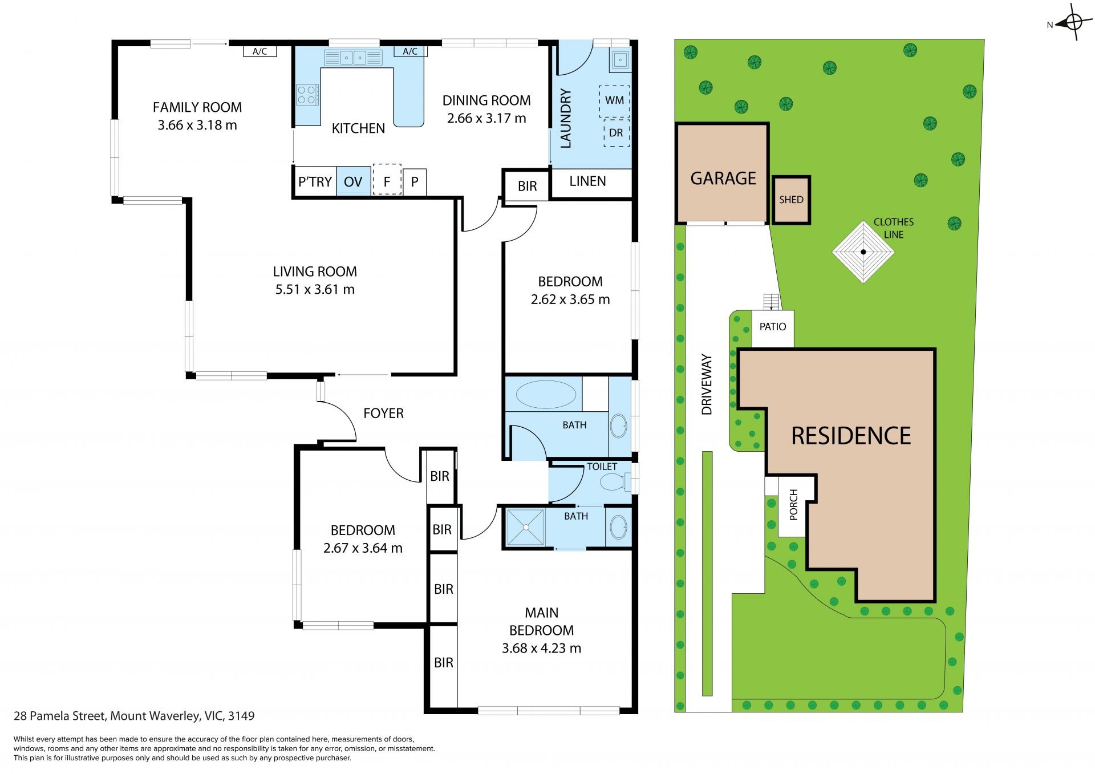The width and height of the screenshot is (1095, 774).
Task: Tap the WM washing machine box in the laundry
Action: click(x=614, y=101)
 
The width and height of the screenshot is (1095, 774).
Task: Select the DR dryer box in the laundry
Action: click(x=616, y=133)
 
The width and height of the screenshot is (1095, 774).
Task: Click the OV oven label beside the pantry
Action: click(x=353, y=182)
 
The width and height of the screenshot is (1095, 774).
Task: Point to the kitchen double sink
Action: click(x=353, y=58)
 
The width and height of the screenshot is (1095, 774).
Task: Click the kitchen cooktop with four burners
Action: click(x=307, y=95)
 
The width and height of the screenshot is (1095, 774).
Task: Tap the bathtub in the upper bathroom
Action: click(x=546, y=394)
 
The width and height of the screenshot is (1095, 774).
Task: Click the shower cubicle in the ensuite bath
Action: click(x=525, y=528)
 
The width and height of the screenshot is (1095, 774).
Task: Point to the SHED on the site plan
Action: click(x=792, y=200)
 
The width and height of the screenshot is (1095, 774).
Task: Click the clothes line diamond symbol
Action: click(x=863, y=252)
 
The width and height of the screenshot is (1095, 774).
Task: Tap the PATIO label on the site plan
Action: click(x=773, y=327)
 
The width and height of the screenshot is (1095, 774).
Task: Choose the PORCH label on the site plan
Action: click(x=793, y=505)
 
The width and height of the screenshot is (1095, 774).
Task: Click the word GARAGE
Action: click(x=723, y=179)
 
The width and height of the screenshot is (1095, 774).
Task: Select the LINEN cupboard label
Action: click(x=587, y=181)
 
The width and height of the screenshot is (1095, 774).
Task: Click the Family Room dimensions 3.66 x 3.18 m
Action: click(x=197, y=125)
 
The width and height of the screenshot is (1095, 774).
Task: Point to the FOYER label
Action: click(x=383, y=414)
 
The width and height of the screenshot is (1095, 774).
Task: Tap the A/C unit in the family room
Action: click(x=260, y=51)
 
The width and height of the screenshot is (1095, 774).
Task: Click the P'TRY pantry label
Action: click(x=315, y=182)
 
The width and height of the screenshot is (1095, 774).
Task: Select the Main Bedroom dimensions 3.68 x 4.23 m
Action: click(x=541, y=649)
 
